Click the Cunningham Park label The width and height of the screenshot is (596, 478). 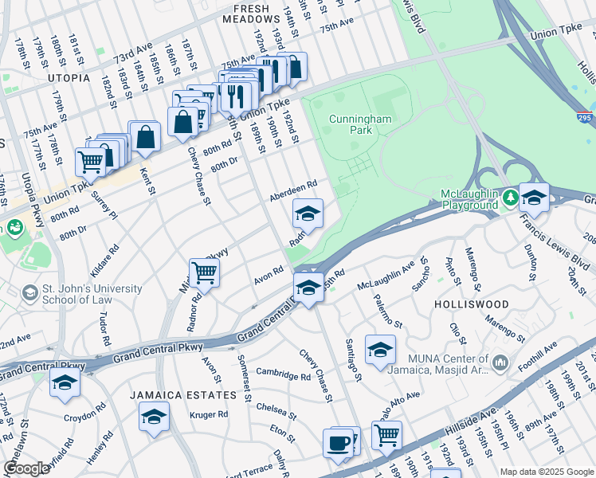tap(351, 123)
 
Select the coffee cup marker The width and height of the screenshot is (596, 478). tap(338, 442)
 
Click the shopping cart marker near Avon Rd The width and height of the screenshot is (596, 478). tap(205, 272)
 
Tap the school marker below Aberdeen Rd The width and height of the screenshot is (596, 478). tap(308, 213)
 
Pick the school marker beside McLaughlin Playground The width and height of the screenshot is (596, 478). tap(534, 197)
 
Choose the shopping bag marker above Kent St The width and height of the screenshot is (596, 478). tap(147, 135)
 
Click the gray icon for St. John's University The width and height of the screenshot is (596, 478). tap(30, 293)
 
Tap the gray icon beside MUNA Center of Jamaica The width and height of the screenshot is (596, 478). tap(500, 362)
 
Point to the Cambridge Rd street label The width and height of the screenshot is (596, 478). tap(283, 375)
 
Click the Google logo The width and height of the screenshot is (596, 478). tap(26, 468)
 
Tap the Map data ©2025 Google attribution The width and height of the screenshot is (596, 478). tap(546, 472)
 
